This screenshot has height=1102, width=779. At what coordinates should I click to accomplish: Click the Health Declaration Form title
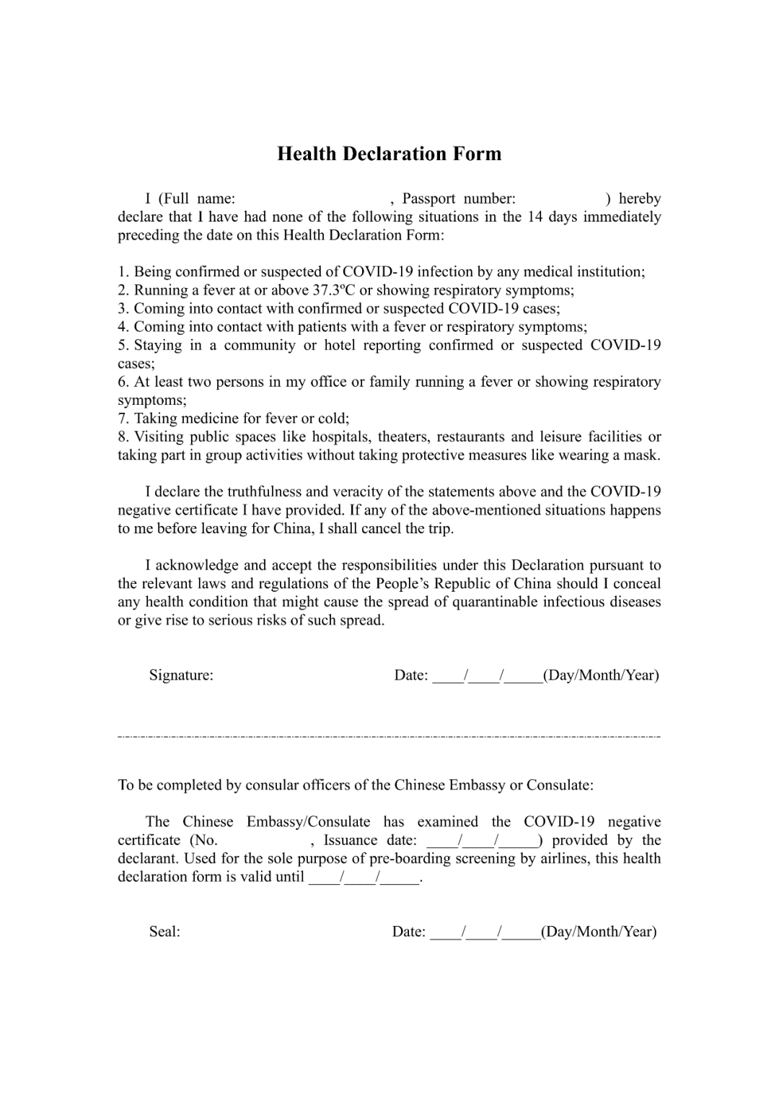pyautogui.click(x=389, y=154)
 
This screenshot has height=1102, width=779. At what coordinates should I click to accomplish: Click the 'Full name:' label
pyautogui.click(x=196, y=198)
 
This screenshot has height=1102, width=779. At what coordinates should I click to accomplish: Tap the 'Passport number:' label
pyautogui.click(x=459, y=198)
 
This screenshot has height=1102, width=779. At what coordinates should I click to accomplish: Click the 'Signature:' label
pyautogui.click(x=181, y=675)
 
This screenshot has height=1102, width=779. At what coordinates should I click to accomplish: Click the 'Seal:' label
pyautogui.click(x=164, y=932)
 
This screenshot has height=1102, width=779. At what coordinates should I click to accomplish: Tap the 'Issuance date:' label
pyautogui.click(x=370, y=840)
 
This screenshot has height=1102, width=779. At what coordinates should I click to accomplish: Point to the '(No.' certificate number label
pyautogui.click(x=203, y=840)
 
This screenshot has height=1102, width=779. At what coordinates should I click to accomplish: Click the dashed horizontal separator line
pyautogui.click(x=389, y=737)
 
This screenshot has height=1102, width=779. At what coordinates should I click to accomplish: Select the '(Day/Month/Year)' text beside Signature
pyautogui.click(x=601, y=675)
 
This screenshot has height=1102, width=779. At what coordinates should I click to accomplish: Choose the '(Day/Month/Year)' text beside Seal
pyautogui.click(x=599, y=932)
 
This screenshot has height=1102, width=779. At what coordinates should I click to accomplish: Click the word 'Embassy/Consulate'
pyautogui.click(x=308, y=822)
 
